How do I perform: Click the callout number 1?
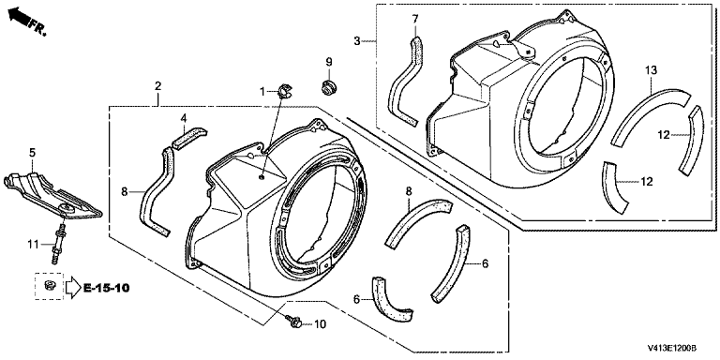[x=262, y=92]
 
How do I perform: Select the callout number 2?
[x=157, y=85]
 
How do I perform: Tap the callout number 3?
[x=357, y=41]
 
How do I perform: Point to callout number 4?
[x=184, y=118]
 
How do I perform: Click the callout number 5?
[x=32, y=153]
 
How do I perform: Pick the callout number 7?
[x=415, y=19]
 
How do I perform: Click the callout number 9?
[x=329, y=62]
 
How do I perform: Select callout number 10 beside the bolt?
[x=320, y=324]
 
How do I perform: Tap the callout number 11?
[x=33, y=245]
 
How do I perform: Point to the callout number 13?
[x=652, y=69]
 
